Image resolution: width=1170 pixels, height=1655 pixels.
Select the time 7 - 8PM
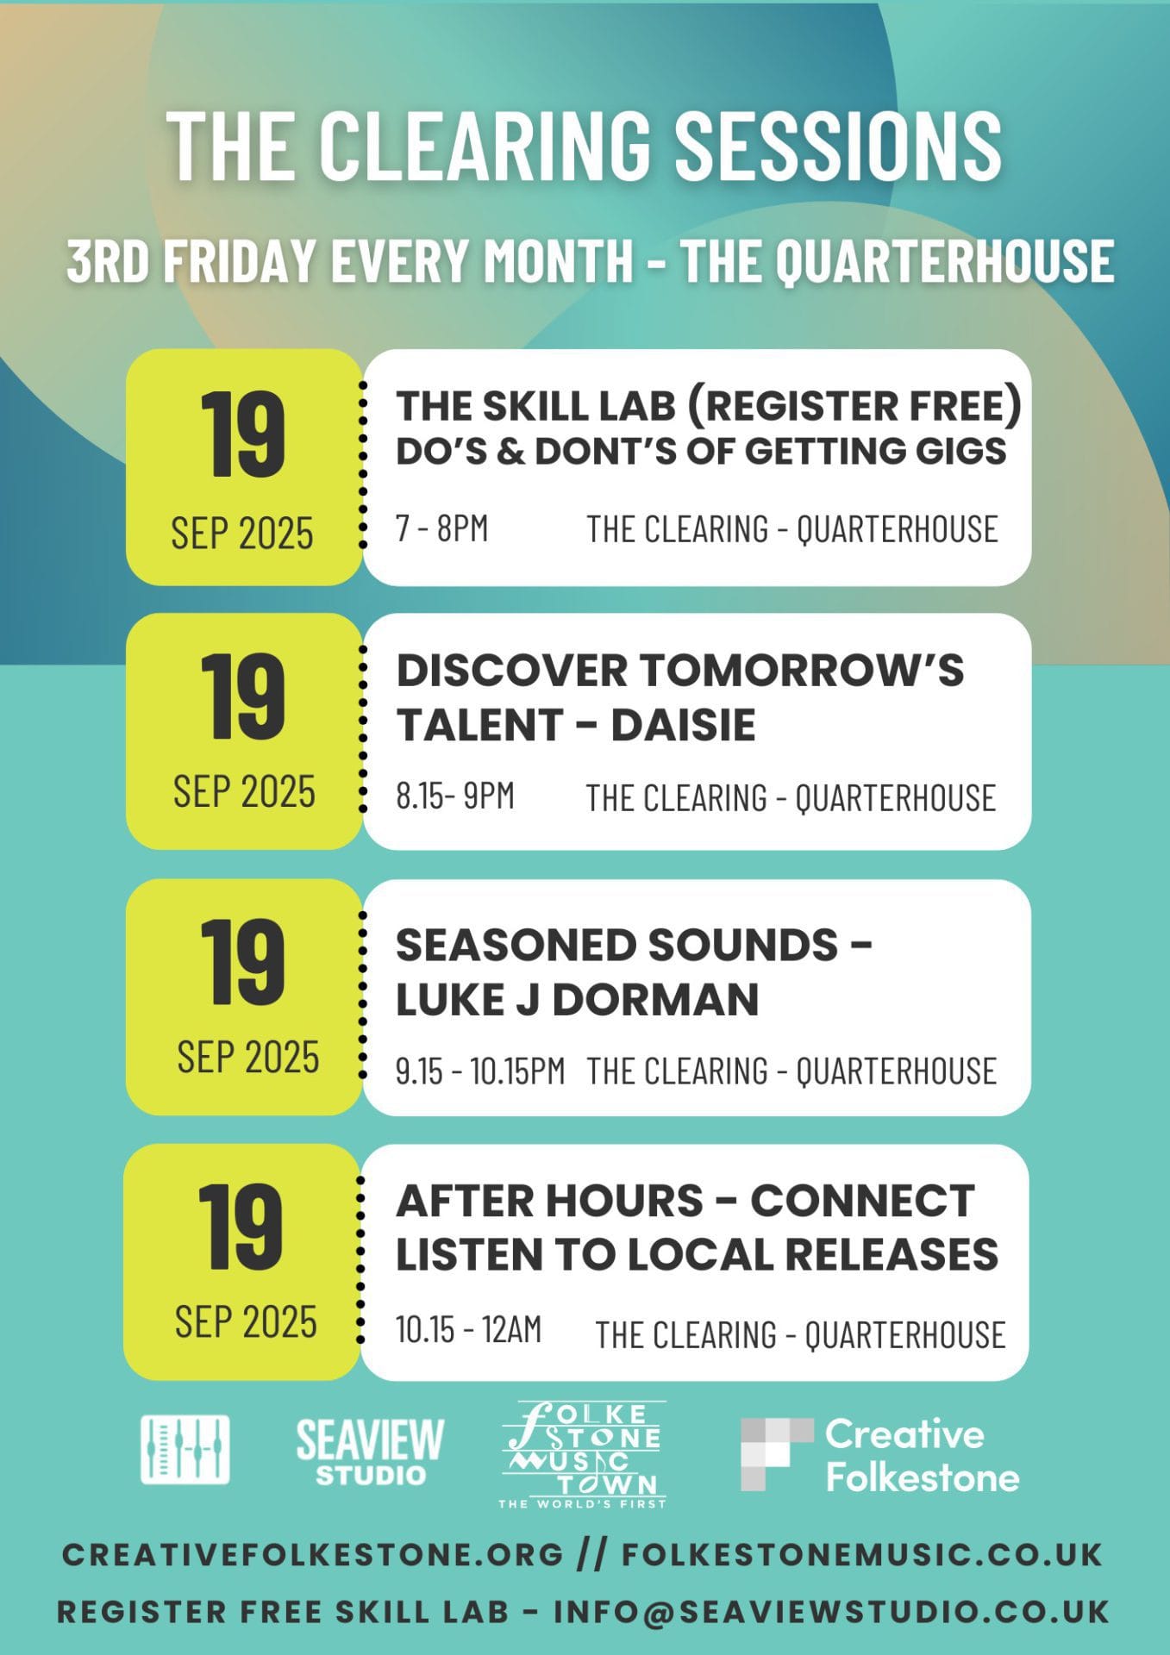[x=441, y=528]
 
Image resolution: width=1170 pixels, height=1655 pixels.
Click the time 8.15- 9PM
[x=455, y=796]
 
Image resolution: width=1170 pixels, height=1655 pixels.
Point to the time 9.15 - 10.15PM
[x=480, y=1071]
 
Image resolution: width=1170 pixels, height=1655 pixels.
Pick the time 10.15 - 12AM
[x=468, y=1329]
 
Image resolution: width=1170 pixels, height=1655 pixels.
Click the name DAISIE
[x=683, y=725]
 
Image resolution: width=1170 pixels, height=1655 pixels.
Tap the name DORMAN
[x=655, y=1000]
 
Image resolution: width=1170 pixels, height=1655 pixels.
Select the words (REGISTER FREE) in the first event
[x=854, y=406]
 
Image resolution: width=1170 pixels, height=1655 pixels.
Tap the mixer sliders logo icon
[x=185, y=1450]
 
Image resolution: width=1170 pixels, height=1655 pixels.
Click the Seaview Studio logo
[x=370, y=1452]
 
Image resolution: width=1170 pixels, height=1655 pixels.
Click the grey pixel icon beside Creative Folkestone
[x=776, y=1454]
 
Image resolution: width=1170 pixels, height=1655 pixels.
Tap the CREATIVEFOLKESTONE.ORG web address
[x=313, y=1554]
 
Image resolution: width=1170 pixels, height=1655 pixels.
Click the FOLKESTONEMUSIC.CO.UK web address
[x=862, y=1554]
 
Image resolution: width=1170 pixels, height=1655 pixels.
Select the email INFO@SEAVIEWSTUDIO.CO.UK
[x=831, y=1611]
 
